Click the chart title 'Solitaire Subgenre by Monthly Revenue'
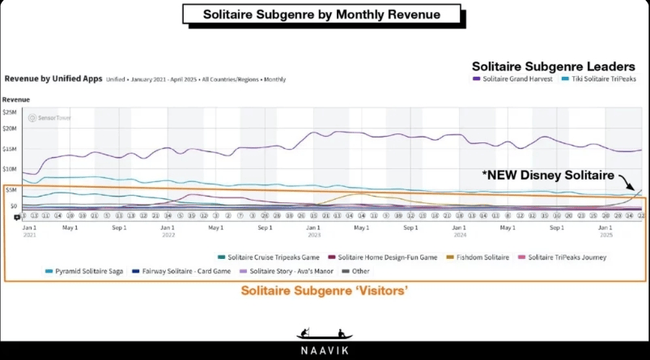click(321, 14)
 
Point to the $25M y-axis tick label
click(11, 112)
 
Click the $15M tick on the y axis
click(11, 148)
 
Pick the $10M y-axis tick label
click(11, 168)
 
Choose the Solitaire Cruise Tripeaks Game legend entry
click(268, 257)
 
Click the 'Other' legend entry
click(356, 271)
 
